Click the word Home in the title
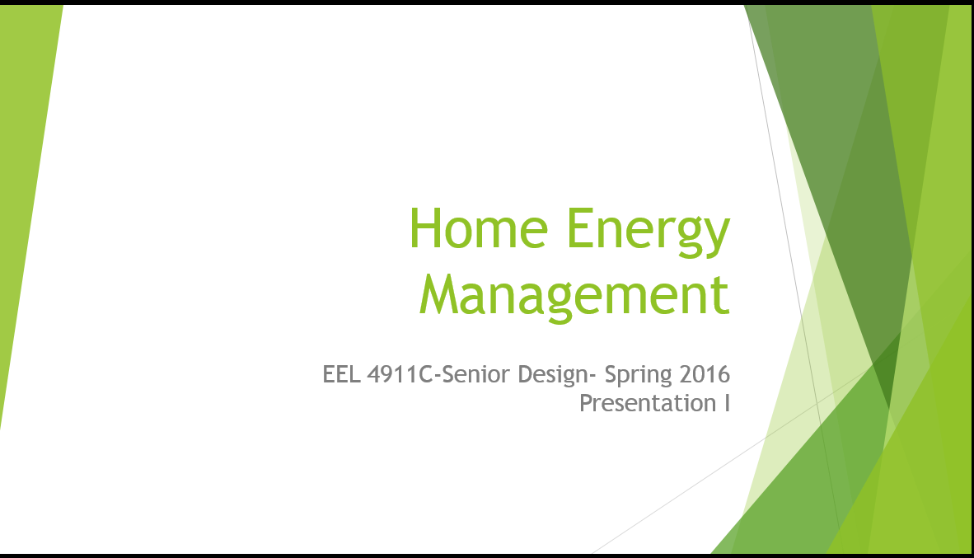[x=478, y=228]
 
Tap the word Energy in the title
[x=649, y=232]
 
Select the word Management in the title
[x=574, y=297]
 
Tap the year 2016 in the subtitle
[x=705, y=374]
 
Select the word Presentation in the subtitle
[x=648, y=403]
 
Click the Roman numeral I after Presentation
[x=728, y=403]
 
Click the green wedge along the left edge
[x=24, y=186]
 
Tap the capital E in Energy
[x=579, y=228]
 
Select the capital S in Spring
[x=611, y=374]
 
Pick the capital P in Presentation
[x=587, y=403]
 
